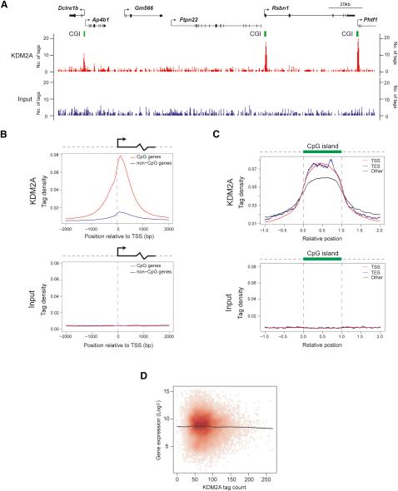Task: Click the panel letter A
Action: coord(5,5)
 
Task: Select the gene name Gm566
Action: coord(136,7)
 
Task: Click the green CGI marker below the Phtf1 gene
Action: coord(356,35)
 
